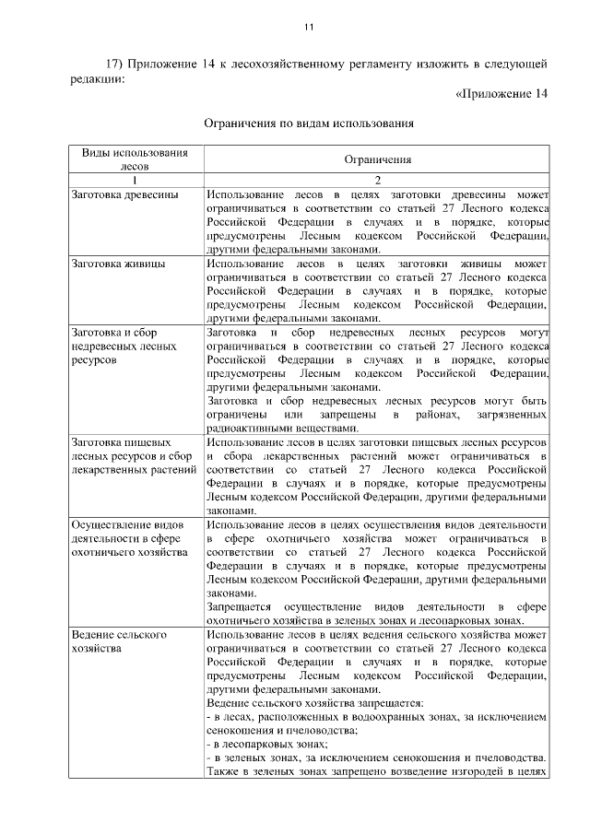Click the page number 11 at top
pos(309,27)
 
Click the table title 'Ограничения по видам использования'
pos(309,122)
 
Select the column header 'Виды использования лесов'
pos(135,159)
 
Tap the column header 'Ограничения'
pos(377,159)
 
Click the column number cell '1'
pos(135,180)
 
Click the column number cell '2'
pos(377,180)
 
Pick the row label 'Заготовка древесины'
pos(124,195)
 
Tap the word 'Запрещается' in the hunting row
pos(239,606)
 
